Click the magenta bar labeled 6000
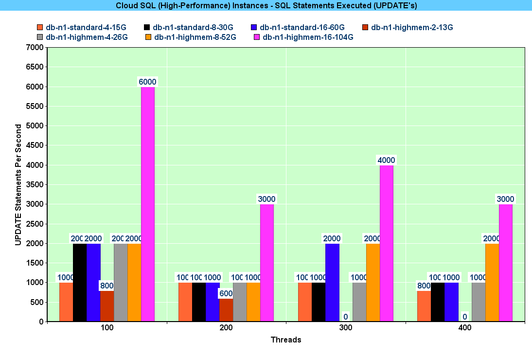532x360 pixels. [148, 204]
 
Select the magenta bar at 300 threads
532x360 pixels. [387, 243]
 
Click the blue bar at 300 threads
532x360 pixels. [332, 282]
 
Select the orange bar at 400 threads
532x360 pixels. [492, 282]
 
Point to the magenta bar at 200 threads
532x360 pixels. [267, 263]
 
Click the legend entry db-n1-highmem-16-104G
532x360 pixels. [307, 37]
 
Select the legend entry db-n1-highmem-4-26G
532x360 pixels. [86, 37]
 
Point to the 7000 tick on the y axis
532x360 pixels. [35, 48]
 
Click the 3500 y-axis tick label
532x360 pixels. [35, 185]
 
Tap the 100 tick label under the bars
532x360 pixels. [107, 328]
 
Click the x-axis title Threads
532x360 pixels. [286, 340]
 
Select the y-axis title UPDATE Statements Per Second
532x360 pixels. [18, 185]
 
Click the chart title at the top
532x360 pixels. [266, 5]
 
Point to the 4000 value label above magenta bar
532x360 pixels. [387, 160]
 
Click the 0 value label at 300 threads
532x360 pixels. [346, 317]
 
